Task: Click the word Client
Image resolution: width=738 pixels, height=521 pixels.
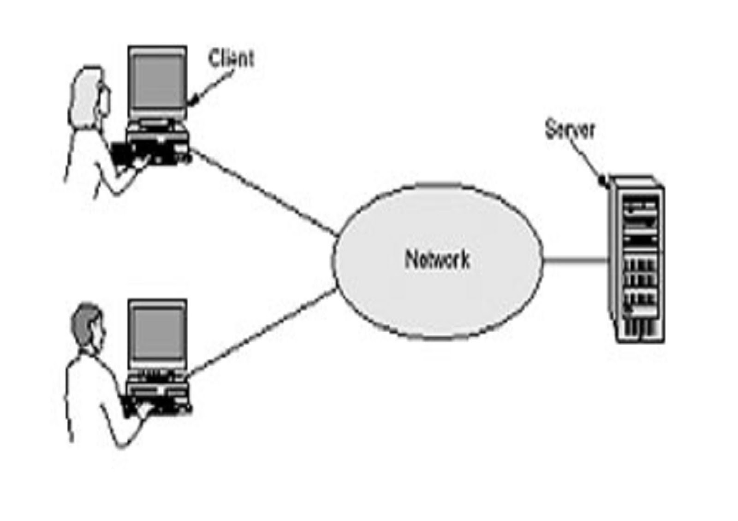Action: click(231, 59)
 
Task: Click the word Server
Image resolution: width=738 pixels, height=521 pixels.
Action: click(570, 129)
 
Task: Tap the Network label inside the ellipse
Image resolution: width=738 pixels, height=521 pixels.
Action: click(437, 259)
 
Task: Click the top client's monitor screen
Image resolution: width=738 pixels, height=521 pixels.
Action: click(158, 82)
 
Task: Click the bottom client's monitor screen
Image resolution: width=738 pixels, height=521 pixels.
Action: click(158, 334)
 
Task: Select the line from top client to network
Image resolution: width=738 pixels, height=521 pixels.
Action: click(263, 192)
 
